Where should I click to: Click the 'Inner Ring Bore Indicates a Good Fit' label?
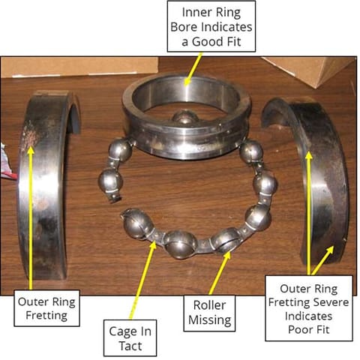click(211, 26)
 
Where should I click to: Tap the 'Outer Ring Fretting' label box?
click(46, 308)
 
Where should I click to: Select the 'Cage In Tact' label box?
click(130, 338)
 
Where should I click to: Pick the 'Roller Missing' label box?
click(209, 313)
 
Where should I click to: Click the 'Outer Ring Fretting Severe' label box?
click(309, 308)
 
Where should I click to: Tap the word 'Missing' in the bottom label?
click(209, 320)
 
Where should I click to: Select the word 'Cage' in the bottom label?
click(120, 331)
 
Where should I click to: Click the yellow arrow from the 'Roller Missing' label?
click(220, 273)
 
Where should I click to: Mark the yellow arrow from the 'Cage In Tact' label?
click(143, 280)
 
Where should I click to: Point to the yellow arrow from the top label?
click(193, 69)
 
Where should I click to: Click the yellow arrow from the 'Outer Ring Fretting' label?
click(31, 218)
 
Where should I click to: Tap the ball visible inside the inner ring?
click(184, 118)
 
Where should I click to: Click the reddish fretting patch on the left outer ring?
click(31, 136)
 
